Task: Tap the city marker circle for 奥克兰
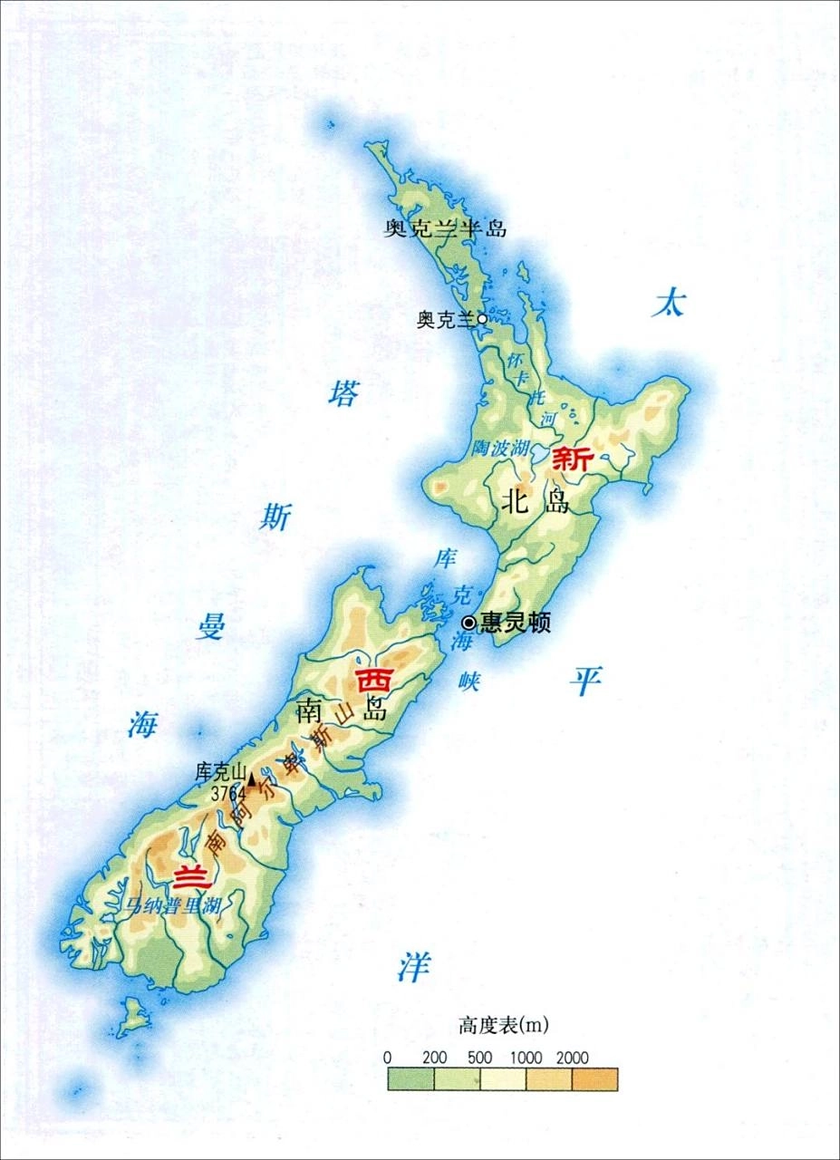point(482,318)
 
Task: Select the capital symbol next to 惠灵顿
point(468,623)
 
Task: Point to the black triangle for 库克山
point(251,778)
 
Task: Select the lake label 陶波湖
point(497,447)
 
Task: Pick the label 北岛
point(536,500)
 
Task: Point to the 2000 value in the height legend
point(574,1058)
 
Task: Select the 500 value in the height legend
point(481,1058)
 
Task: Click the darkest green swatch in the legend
point(410,1078)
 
